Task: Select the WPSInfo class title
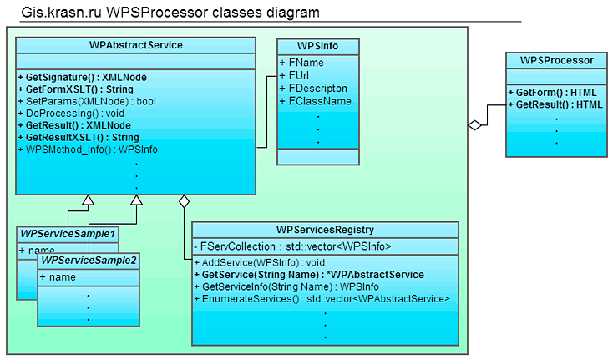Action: tap(317, 45)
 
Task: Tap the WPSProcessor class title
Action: tap(555, 60)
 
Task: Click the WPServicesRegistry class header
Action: tap(325, 230)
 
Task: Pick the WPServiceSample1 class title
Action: tap(68, 234)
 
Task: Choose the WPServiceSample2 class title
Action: tap(89, 261)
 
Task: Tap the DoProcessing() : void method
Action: tap(70, 113)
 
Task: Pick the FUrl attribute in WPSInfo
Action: tap(296, 75)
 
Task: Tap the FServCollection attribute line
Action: tap(292, 246)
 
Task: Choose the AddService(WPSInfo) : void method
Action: tap(263, 262)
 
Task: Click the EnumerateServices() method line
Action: tap(322, 298)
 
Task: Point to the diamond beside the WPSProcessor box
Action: tap(476, 125)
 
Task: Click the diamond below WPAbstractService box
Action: tap(184, 200)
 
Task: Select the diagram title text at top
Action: tap(171, 12)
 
